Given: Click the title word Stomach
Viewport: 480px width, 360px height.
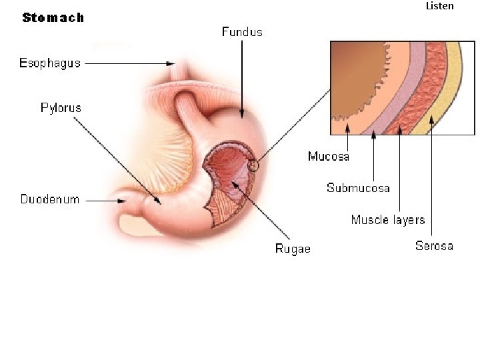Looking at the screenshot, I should pos(53,18).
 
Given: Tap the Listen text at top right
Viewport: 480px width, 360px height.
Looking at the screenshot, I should pos(439,6).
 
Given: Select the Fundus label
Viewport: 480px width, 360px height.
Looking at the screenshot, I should pos(242,31).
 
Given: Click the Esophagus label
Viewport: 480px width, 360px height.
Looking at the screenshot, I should pos(50,63).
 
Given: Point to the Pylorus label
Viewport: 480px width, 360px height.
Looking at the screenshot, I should pos(61,107).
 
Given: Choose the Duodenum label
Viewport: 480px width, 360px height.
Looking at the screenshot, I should pos(50,199).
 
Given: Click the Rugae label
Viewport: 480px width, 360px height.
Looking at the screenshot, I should pos(293,249).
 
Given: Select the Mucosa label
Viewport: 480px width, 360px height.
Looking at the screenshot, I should pos(329,157).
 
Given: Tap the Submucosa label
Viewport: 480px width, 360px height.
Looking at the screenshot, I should pos(358,188).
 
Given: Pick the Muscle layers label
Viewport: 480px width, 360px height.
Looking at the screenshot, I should pos(388,219).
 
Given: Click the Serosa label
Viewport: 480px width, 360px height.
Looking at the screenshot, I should pos(434,246).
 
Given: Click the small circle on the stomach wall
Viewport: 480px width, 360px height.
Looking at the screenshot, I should pos(253,164).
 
